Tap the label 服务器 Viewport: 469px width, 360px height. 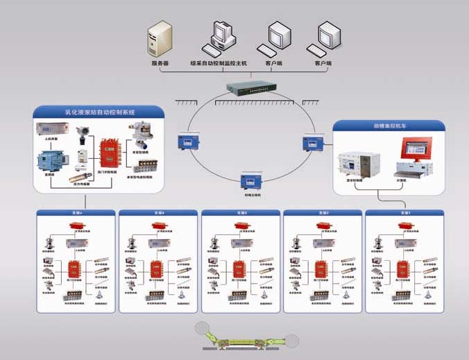(160, 63)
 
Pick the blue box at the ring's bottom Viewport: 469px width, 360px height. (250, 182)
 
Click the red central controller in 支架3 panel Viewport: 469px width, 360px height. (238, 268)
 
